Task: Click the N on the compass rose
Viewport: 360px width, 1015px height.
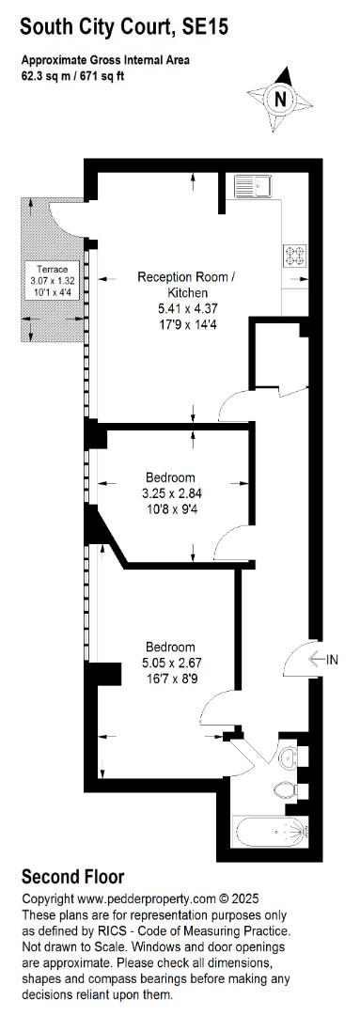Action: pos(280,100)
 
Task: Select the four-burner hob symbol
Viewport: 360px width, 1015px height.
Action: pos(294,255)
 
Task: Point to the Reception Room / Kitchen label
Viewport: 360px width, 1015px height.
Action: pos(186,284)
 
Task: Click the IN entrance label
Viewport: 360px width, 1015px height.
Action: pos(332,660)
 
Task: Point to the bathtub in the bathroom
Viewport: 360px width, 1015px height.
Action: pos(272,831)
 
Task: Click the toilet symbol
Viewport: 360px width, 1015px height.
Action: pos(285,789)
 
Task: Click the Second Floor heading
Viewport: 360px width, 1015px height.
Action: pos(73,877)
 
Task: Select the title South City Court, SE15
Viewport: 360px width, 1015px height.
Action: pos(125,27)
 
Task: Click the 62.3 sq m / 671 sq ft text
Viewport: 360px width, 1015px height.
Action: pos(83,74)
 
